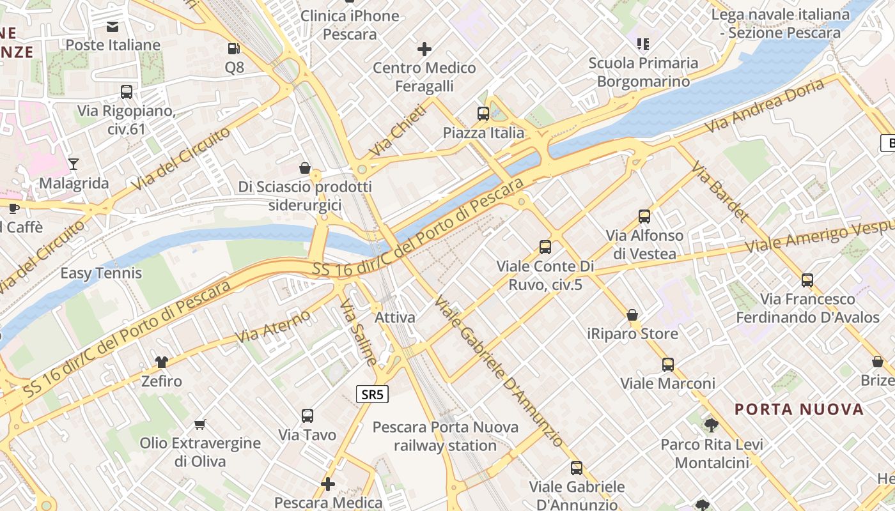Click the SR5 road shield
tap(372, 394)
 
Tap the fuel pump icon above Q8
tap(234, 48)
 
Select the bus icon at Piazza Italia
tap(483, 114)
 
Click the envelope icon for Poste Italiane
tap(113, 26)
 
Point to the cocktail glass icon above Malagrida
tap(74, 164)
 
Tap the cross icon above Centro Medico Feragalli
tap(424, 49)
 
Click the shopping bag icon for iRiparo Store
tap(632, 315)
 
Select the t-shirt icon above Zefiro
tap(161, 362)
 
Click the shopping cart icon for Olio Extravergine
tap(200, 424)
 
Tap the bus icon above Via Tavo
tap(307, 416)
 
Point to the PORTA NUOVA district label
tap(799, 409)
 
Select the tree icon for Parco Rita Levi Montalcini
tap(711, 425)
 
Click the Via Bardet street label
tap(720, 191)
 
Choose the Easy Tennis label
tap(101, 273)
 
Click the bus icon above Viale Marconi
tap(668, 365)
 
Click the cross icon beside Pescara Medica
tap(328, 484)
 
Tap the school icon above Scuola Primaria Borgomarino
tap(643, 44)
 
